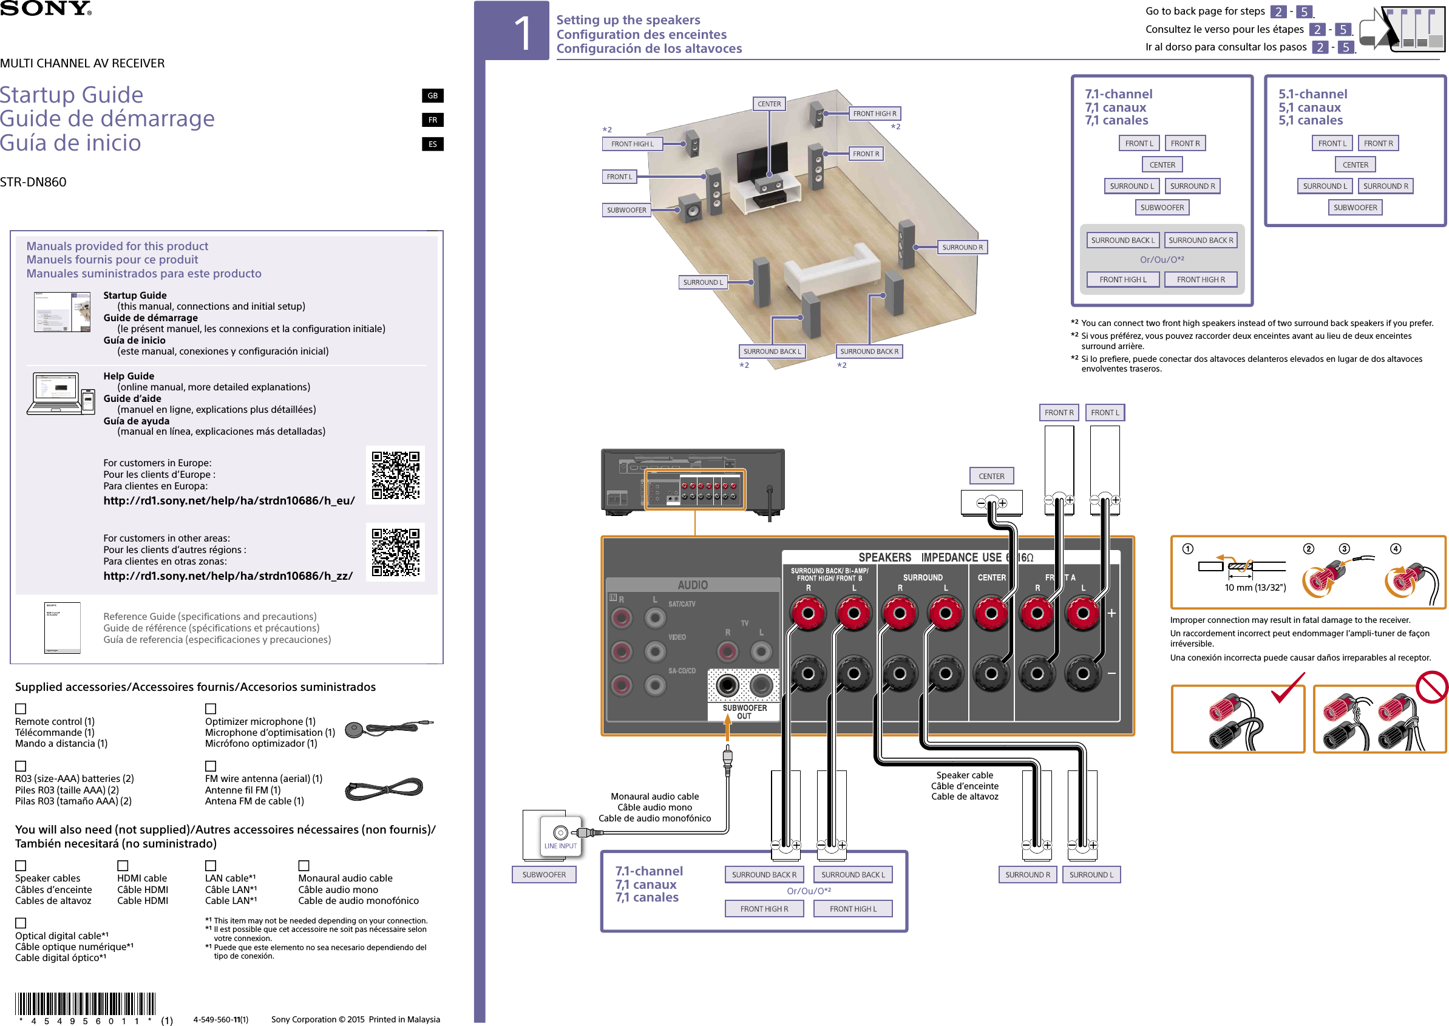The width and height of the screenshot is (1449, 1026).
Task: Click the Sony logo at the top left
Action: point(46,8)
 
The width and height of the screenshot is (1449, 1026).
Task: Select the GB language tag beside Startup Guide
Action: point(432,95)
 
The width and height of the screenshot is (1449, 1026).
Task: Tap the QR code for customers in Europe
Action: point(395,475)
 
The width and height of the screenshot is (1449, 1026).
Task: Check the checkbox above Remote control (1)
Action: point(21,709)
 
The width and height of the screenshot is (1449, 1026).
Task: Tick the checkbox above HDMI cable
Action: point(123,866)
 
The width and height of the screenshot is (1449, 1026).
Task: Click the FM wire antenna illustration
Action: point(384,789)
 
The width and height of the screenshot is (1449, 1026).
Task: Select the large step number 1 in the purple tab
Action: point(523,33)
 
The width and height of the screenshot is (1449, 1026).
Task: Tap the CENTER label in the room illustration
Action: point(769,104)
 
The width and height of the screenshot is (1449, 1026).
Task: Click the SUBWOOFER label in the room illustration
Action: point(626,209)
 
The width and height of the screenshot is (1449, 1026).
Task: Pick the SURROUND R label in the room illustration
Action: point(962,247)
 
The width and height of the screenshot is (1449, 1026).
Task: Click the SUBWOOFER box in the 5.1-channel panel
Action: point(1355,207)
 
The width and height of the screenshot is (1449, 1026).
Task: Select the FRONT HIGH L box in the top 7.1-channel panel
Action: point(1122,279)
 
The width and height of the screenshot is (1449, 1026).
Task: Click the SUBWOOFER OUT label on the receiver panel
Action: point(744,712)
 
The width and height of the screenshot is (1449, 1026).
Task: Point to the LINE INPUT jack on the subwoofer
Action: point(560,834)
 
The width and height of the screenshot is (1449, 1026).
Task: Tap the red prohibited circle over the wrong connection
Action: point(1432,686)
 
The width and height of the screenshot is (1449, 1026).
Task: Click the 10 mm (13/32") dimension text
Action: point(1255,588)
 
